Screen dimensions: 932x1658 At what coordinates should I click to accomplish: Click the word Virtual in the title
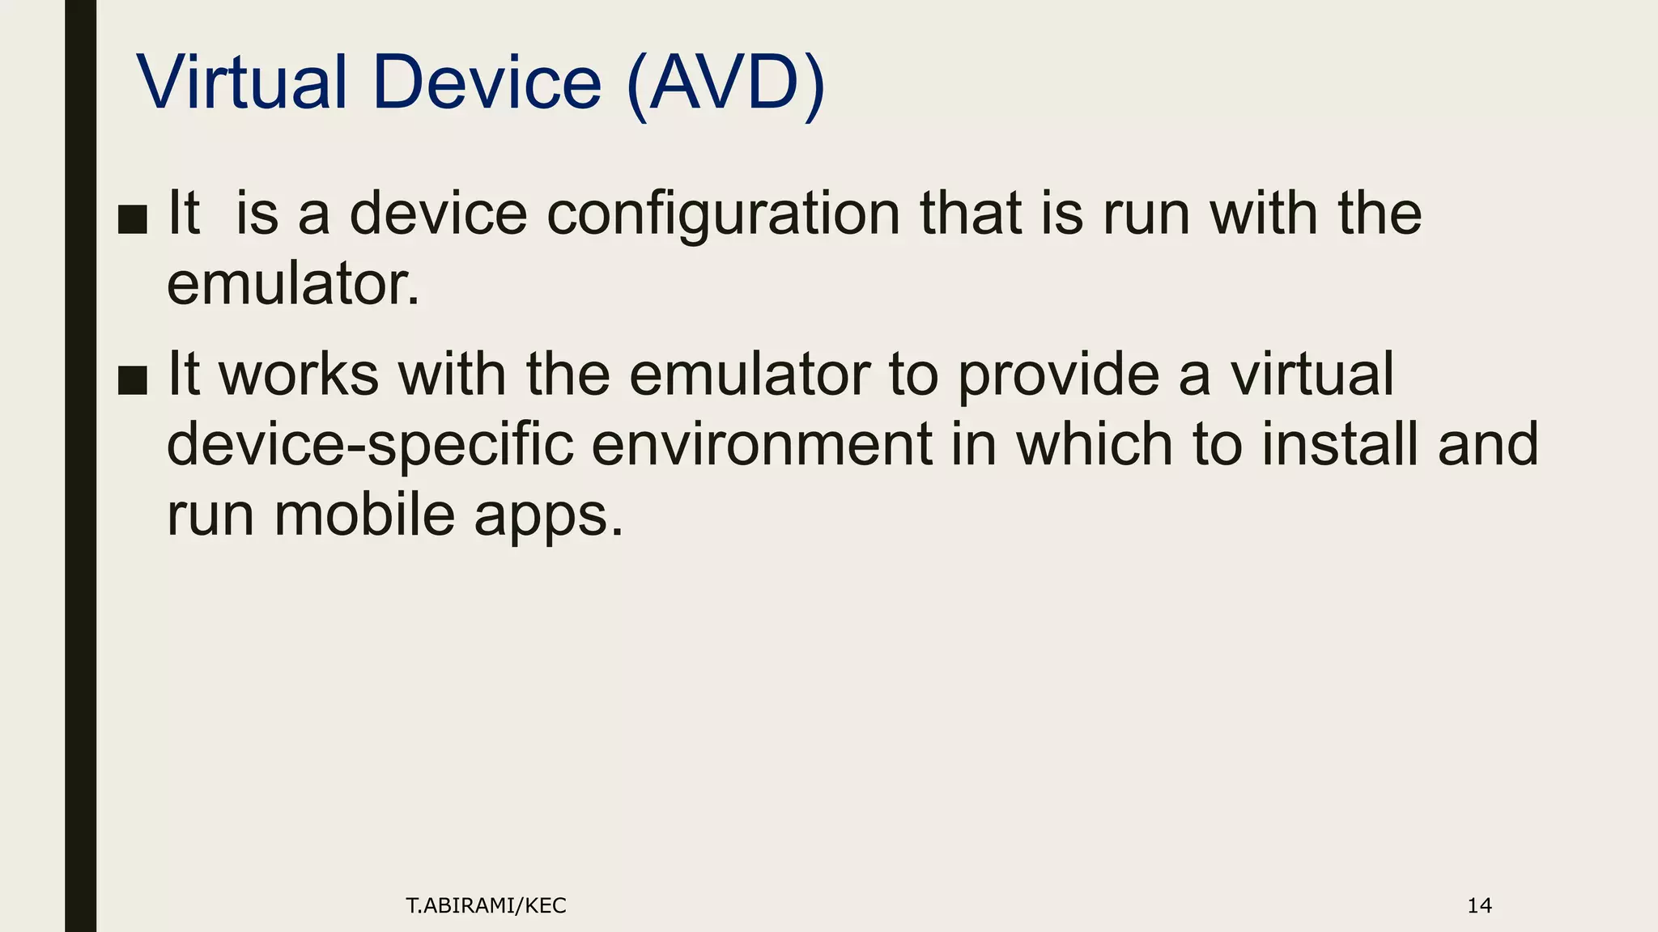click(x=242, y=83)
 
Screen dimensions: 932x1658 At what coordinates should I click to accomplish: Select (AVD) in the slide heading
click(x=725, y=84)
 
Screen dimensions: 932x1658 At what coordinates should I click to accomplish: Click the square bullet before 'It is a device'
click(x=132, y=219)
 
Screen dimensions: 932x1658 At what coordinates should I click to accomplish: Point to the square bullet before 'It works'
click(x=132, y=379)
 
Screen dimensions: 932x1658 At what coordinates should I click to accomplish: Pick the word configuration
click(x=723, y=215)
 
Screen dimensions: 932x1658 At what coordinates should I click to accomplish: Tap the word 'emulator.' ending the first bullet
click(x=293, y=285)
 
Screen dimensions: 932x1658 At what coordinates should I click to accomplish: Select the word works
click(x=299, y=375)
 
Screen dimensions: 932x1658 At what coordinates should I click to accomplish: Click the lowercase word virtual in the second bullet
click(x=1312, y=375)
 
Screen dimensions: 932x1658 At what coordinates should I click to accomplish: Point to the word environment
click(x=762, y=445)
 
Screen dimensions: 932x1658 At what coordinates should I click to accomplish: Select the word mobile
click(x=364, y=515)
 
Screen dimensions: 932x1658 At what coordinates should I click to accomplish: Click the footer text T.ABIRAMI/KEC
click(x=486, y=906)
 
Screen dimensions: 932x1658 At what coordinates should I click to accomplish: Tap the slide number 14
click(x=1479, y=906)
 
